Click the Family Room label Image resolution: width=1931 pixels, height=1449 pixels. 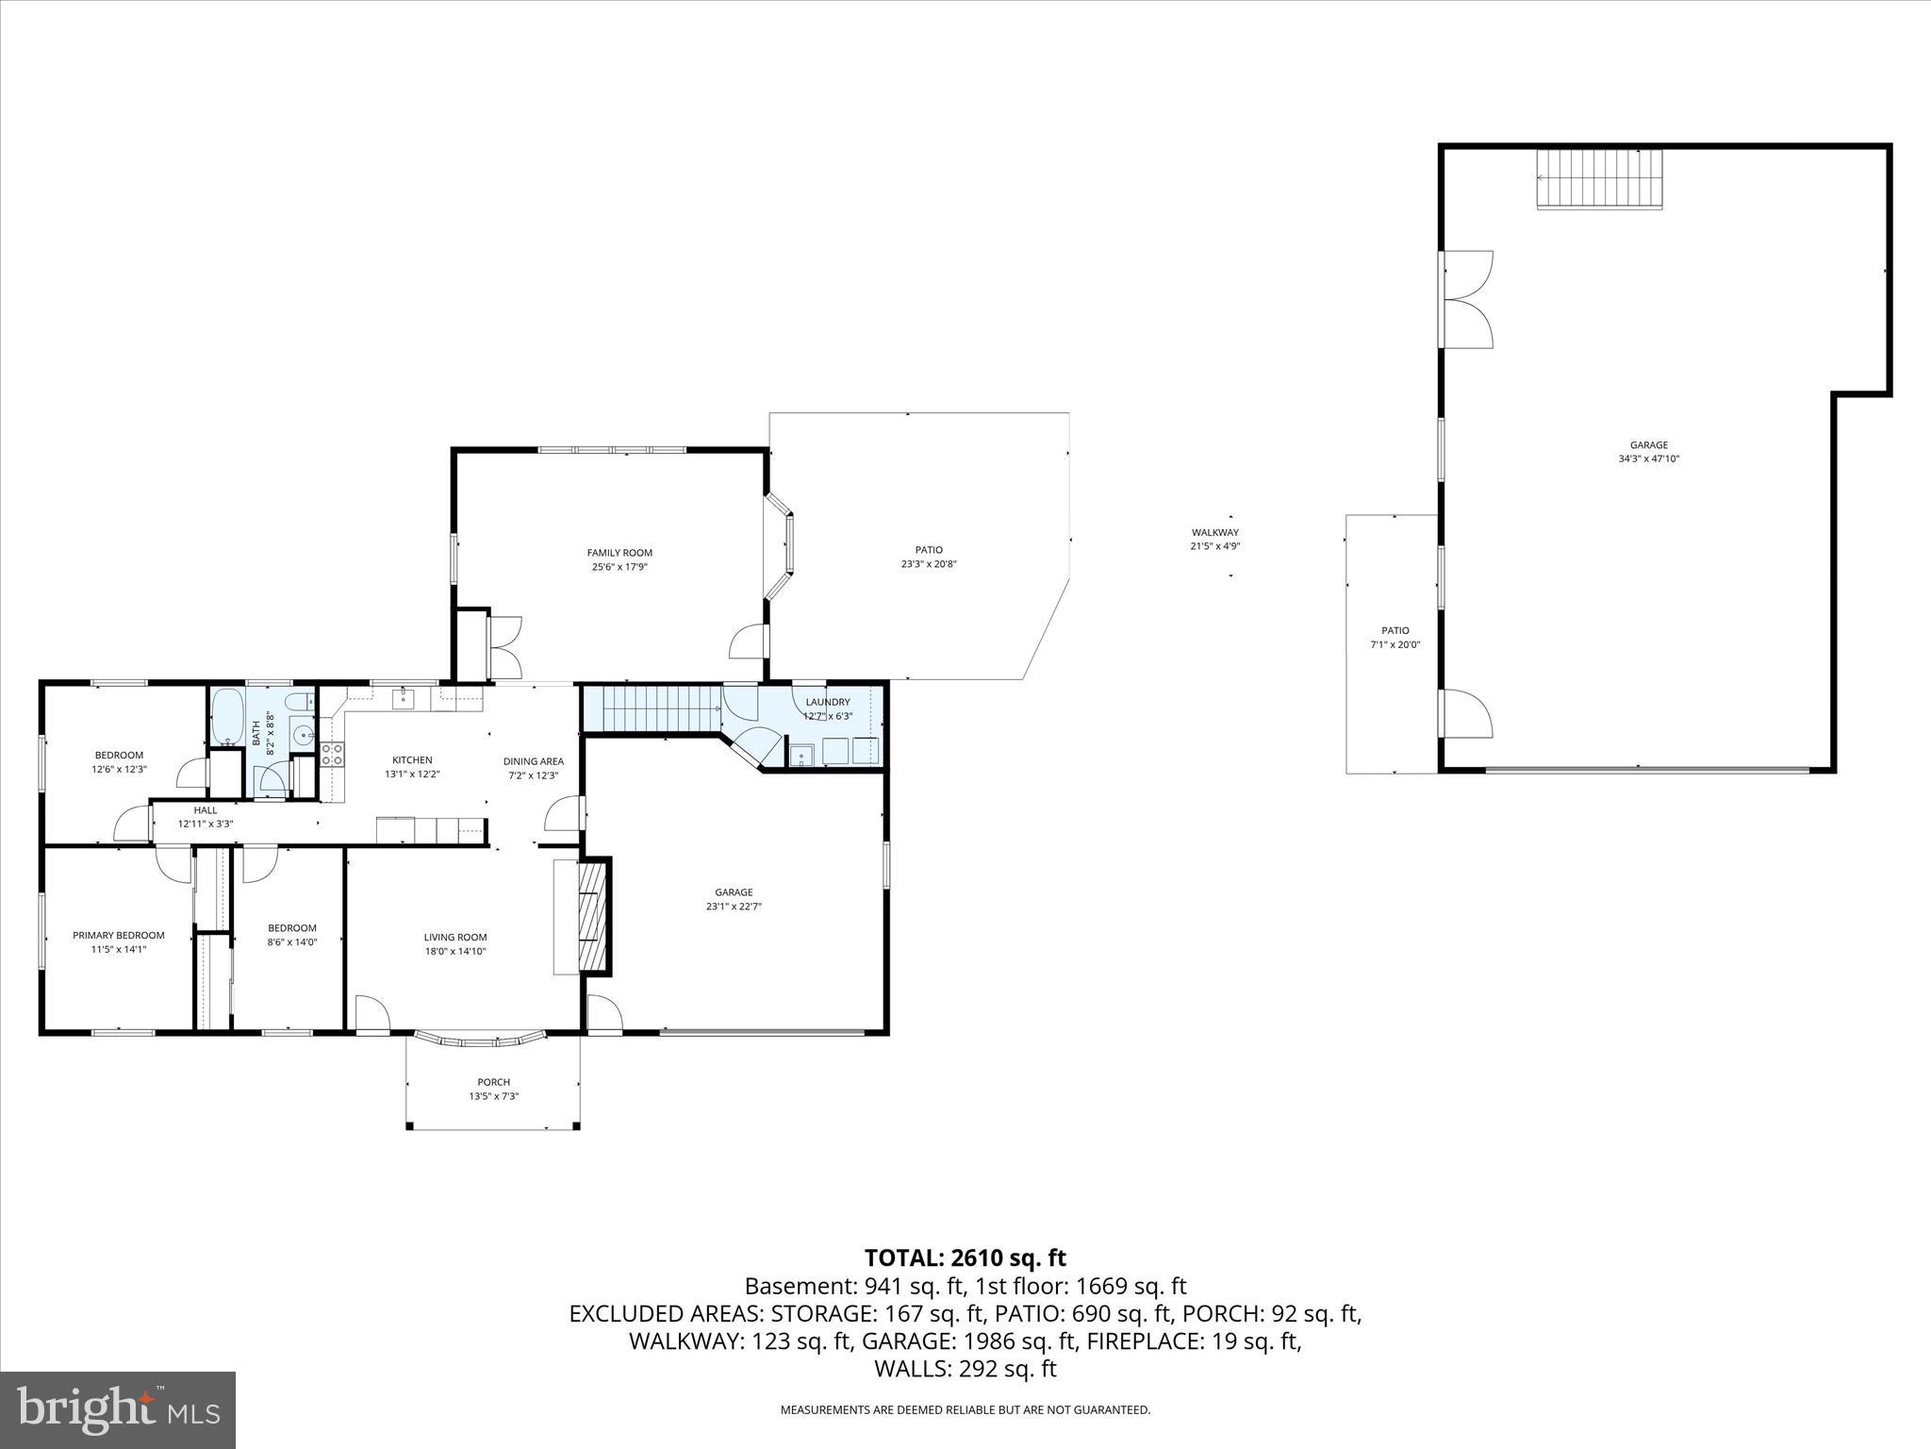coord(619,553)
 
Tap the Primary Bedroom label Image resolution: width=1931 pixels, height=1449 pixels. coord(119,935)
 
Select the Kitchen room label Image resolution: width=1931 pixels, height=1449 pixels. coord(412,759)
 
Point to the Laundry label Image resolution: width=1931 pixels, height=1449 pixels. coord(828,702)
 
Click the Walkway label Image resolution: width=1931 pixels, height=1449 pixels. coord(1214,532)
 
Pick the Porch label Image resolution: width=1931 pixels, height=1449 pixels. coord(493,1082)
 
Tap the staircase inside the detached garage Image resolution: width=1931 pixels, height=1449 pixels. coord(1599,178)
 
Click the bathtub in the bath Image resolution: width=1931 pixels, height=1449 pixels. coord(227,717)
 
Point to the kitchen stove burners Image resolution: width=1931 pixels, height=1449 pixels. coord(332,754)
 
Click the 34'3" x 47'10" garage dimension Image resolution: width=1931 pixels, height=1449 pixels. coord(1648,459)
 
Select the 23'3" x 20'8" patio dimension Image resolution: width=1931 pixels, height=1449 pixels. coord(929,564)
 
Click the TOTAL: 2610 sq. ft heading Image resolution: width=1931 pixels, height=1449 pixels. coord(965,1257)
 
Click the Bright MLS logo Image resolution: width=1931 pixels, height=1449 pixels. coord(118,1409)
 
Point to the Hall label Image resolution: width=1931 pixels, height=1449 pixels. coord(205,809)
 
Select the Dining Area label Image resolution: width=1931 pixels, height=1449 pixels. coord(533,761)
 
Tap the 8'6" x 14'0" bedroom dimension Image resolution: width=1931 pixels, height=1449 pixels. coord(292,941)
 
